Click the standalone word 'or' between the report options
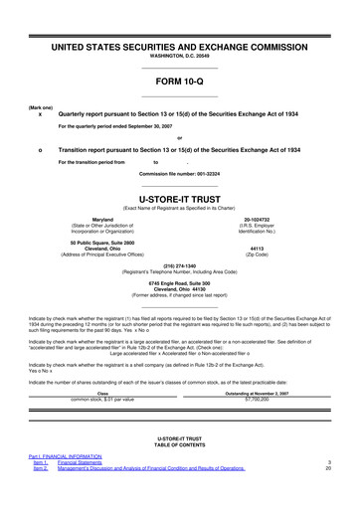179,137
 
